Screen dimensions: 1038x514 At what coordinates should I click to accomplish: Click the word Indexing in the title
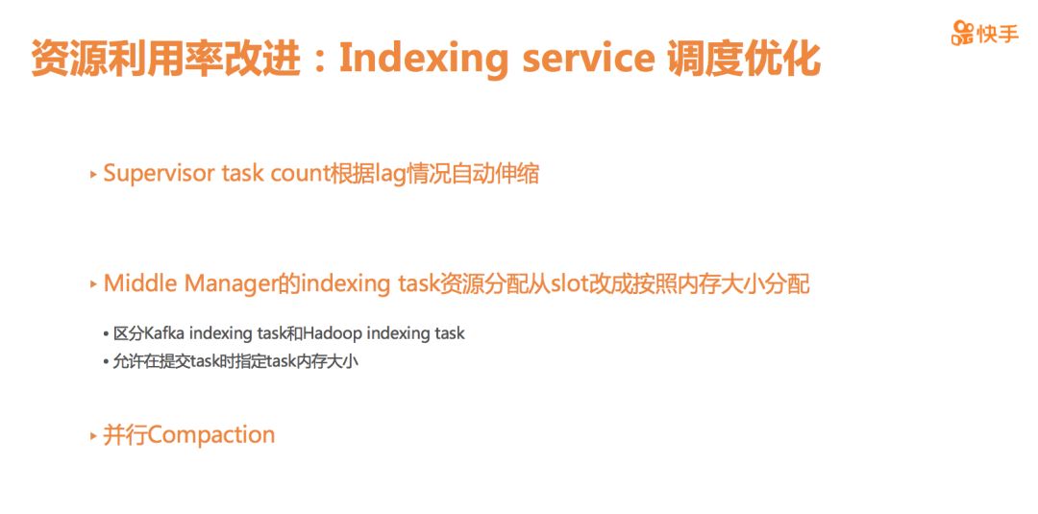tap(424, 59)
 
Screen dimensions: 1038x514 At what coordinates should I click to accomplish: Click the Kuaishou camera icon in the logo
tap(963, 33)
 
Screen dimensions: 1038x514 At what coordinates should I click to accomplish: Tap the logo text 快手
tap(998, 33)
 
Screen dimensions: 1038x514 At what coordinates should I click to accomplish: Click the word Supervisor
tap(159, 174)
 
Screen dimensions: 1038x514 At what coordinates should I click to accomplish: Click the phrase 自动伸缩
tap(495, 174)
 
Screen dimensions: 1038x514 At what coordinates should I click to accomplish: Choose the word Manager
tap(229, 285)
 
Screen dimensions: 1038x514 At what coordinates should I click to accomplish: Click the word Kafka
tap(161, 333)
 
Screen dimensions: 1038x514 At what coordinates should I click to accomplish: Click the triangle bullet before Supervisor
tap(93, 175)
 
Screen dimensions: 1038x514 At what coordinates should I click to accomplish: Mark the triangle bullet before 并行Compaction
tap(93, 436)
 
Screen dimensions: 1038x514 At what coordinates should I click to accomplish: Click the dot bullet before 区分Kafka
tap(106, 334)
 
